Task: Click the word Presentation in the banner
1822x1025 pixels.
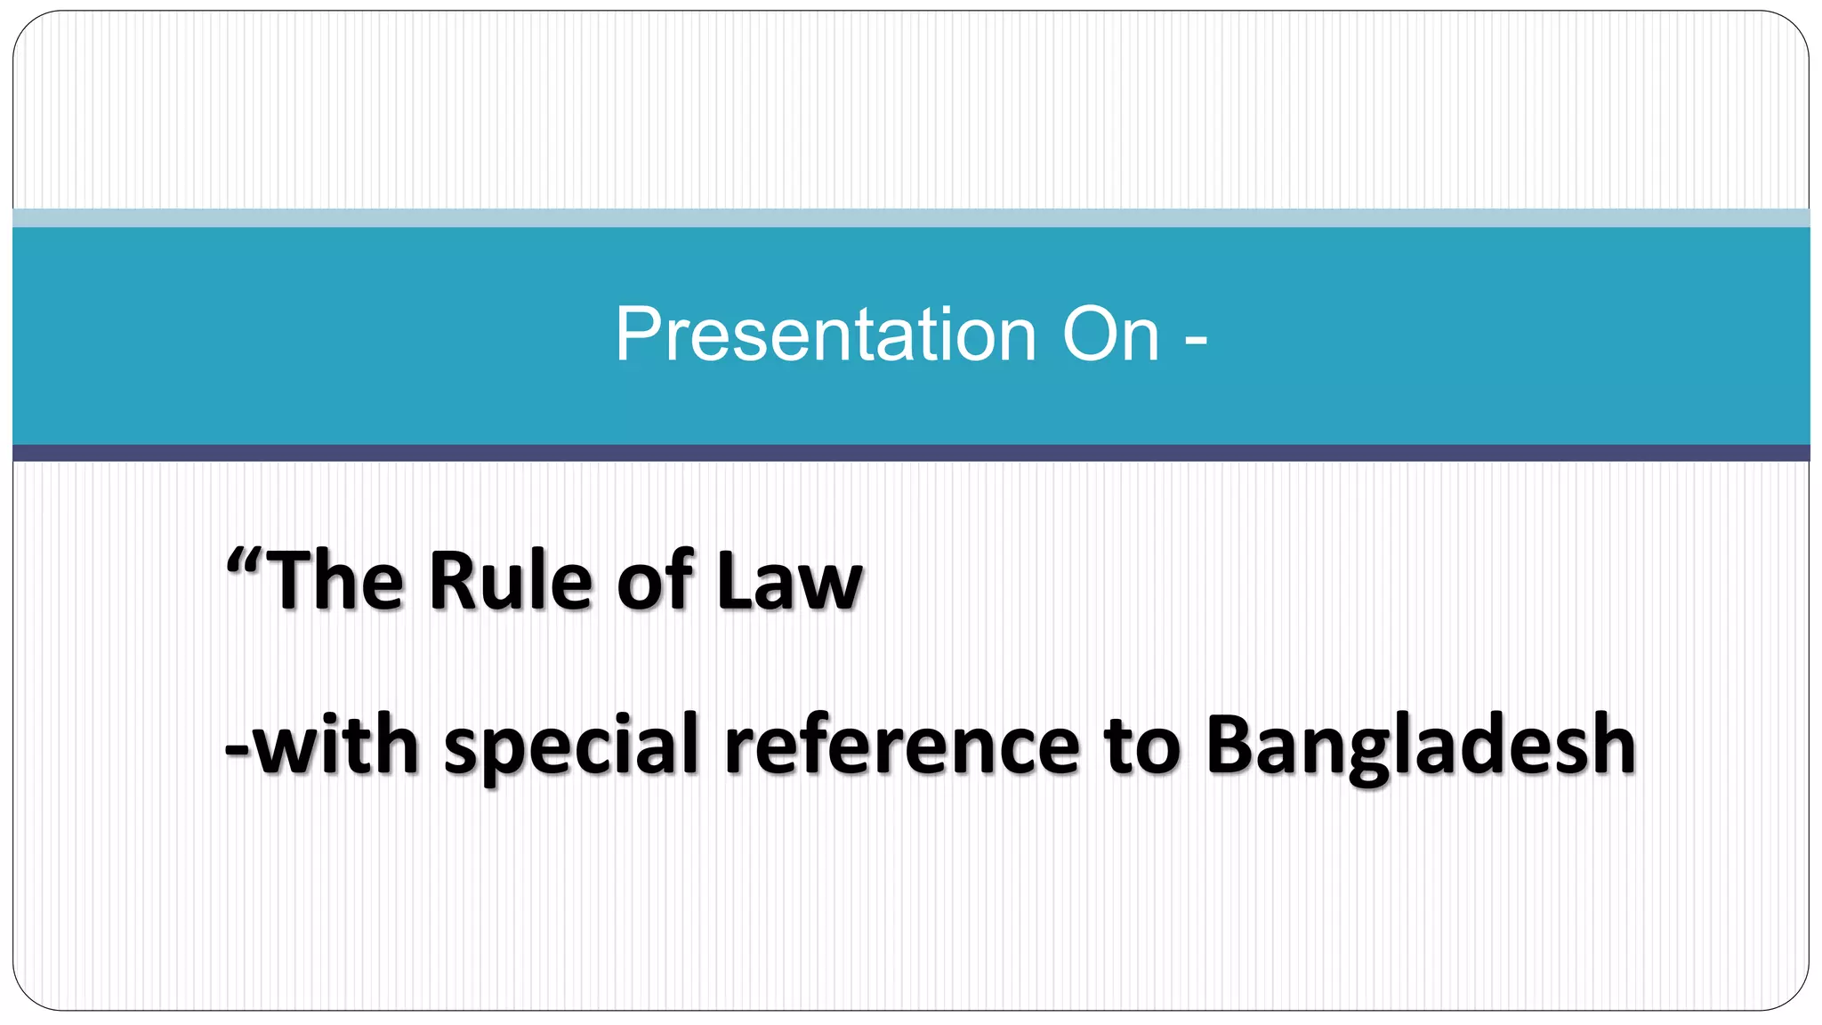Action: point(826,335)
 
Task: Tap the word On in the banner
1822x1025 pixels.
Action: point(1111,335)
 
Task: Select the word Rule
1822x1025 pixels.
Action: point(511,580)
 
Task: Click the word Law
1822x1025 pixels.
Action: point(790,580)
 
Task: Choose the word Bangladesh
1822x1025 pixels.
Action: point(1421,746)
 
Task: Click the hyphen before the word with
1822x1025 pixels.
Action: point(238,749)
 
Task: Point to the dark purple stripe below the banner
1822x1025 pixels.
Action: point(911,453)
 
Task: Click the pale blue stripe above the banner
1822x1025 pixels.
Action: point(911,218)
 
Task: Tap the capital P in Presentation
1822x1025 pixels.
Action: point(637,335)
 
